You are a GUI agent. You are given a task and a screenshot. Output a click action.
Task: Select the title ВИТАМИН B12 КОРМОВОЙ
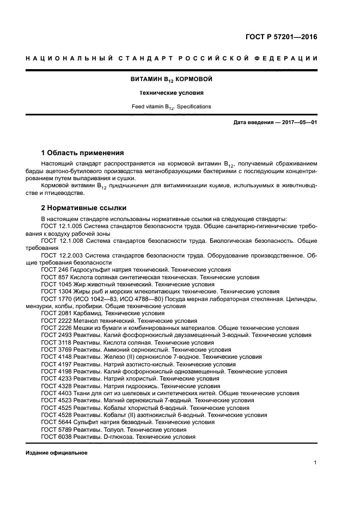[x=171, y=79]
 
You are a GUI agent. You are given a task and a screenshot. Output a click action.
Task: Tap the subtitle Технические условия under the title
[x=171, y=93]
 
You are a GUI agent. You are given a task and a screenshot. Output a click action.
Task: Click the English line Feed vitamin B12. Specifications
[x=171, y=107]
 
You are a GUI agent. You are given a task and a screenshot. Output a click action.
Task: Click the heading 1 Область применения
[x=83, y=152]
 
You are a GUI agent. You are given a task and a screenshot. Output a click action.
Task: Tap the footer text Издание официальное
[x=57, y=453]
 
